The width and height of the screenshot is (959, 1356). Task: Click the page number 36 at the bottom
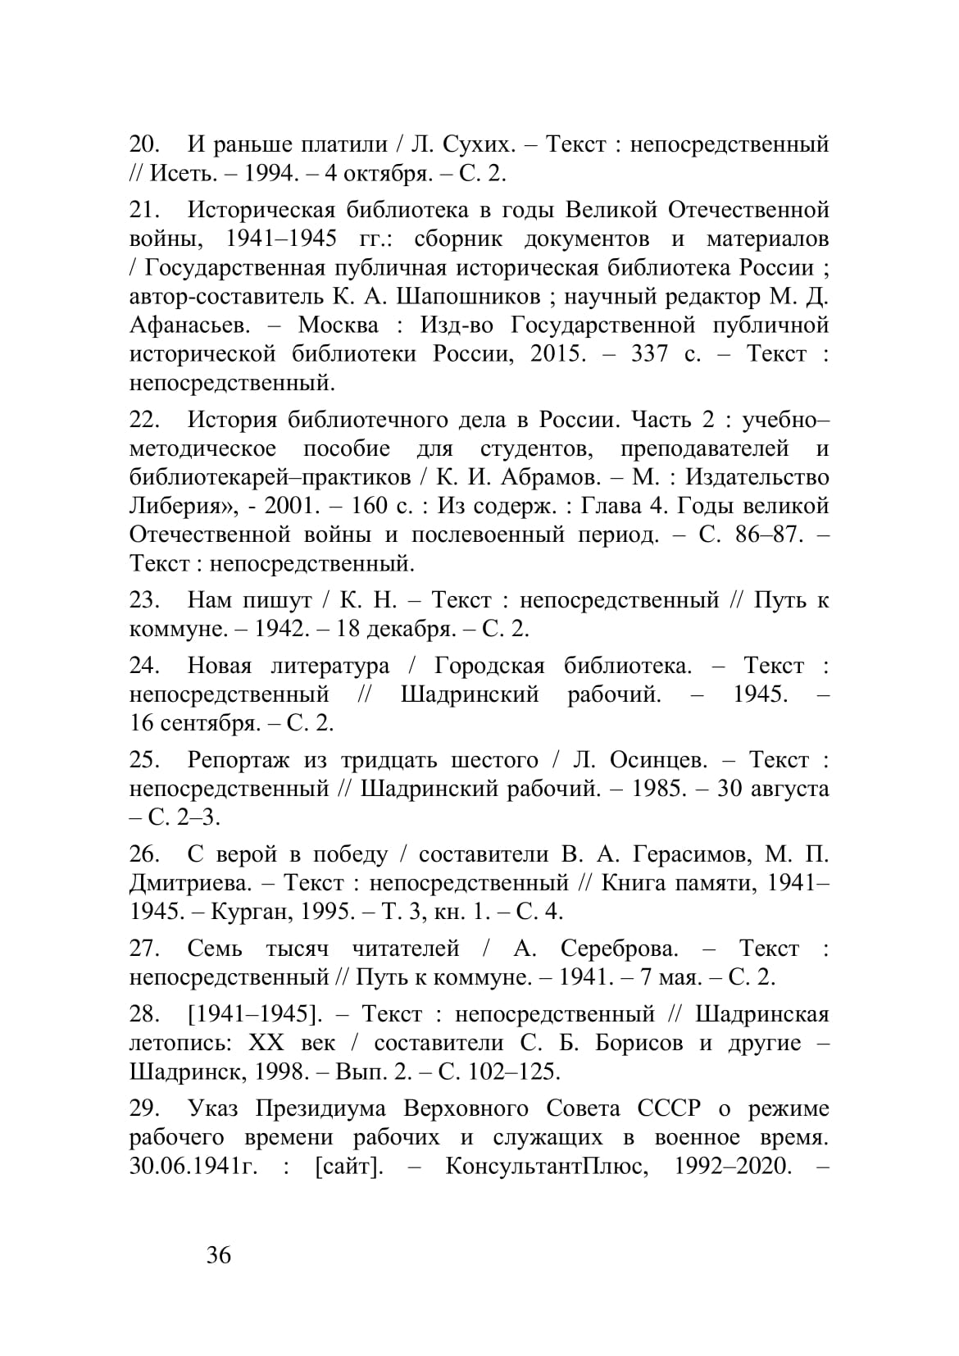click(x=219, y=1255)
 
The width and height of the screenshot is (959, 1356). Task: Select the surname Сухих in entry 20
click(x=478, y=145)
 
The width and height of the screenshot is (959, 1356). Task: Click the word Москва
click(x=339, y=325)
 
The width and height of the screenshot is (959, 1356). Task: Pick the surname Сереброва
click(x=620, y=949)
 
